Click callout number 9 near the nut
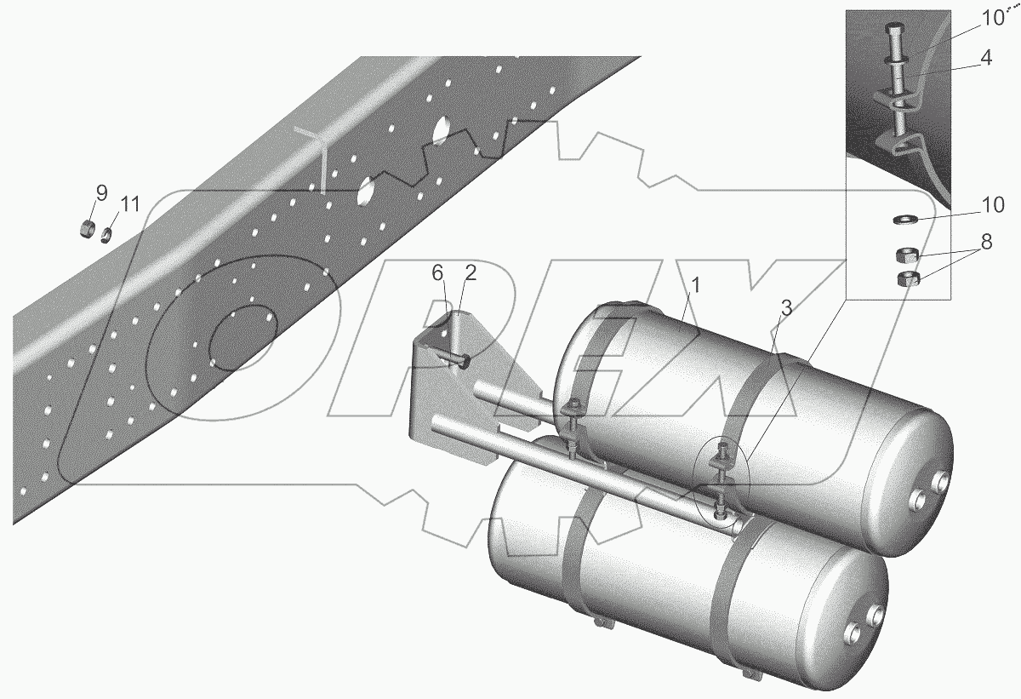pyautogui.click(x=101, y=193)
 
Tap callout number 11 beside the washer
pyautogui.click(x=130, y=203)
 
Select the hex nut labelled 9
pyautogui.click(x=87, y=228)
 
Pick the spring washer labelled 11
pyautogui.click(x=106, y=235)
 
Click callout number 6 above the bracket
pyautogui.click(x=437, y=273)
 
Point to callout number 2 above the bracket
pyautogui.click(x=471, y=272)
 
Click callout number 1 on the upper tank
pyautogui.click(x=695, y=285)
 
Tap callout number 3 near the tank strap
pyautogui.click(x=787, y=308)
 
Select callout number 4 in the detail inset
pyautogui.click(x=985, y=58)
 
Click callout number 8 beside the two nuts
pyautogui.click(x=986, y=242)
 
